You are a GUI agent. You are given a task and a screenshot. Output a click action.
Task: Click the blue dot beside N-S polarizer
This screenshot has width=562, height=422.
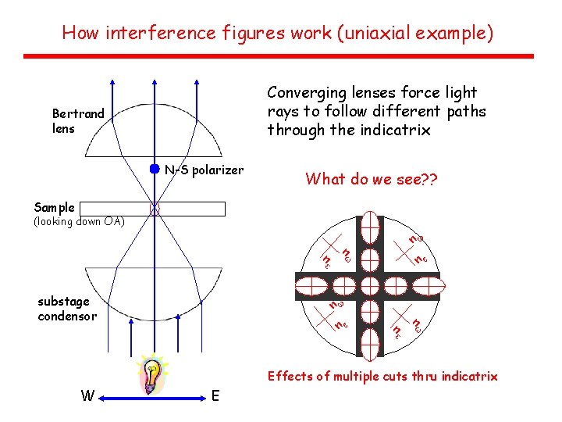tap(155, 169)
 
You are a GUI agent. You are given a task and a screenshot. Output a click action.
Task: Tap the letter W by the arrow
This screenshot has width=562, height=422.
tap(88, 395)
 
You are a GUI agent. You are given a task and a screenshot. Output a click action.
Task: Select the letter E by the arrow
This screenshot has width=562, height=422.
tap(215, 395)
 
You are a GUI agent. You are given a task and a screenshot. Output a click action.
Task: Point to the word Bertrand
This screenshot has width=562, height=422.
tap(78, 114)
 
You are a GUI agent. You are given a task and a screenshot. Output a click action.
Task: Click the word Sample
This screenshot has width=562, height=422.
tap(55, 207)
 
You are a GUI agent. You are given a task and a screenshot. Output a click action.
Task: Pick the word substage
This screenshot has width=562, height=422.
tap(63, 301)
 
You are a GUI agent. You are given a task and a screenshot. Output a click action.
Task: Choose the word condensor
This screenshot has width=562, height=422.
tap(67, 316)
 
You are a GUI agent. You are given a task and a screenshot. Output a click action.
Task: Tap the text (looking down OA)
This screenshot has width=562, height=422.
tap(79, 222)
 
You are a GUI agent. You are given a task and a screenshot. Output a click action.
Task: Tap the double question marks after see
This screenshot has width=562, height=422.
tap(428, 180)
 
